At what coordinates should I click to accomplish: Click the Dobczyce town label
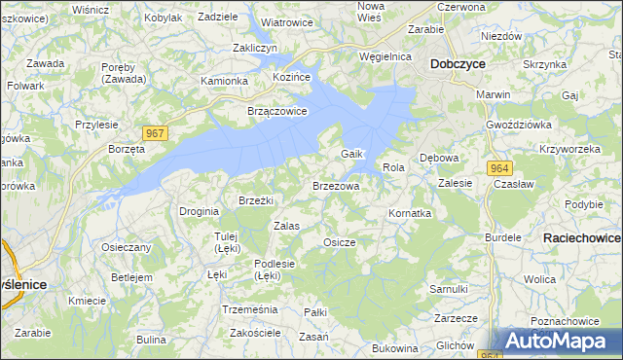coord(458,64)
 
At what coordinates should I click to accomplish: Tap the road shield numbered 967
coord(155,132)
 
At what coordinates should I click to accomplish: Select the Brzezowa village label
coord(336,185)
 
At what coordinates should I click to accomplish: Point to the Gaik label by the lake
coord(351,155)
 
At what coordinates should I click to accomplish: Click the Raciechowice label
coord(581,237)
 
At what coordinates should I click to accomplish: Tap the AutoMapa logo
coord(558,342)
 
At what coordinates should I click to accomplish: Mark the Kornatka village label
coord(409,212)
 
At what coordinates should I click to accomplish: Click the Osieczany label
coord(127,247)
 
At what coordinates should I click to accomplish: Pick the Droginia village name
coord(199,211)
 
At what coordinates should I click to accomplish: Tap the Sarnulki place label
coord(449,289)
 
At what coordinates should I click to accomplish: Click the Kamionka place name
coord(224,81)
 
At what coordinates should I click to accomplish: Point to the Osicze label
coord(339,242)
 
